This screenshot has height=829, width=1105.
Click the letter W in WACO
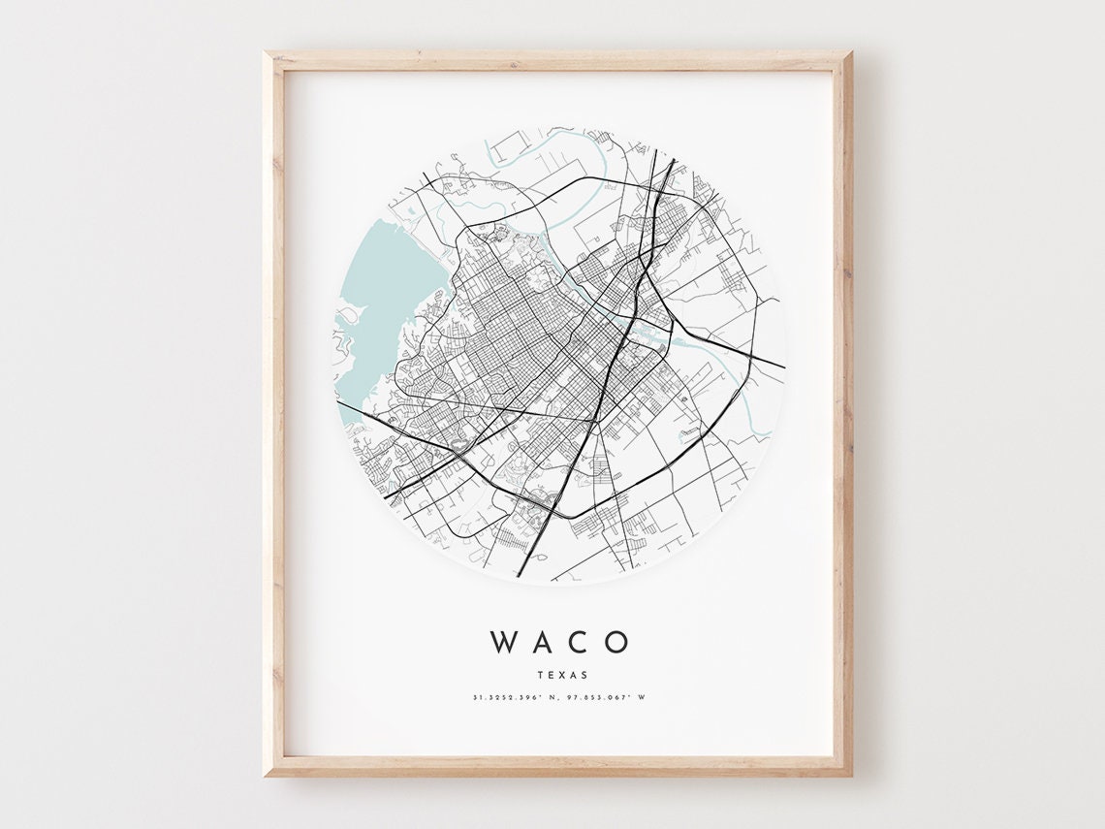[x=504, y=642]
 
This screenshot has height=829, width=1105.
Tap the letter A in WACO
[x=543, y=642]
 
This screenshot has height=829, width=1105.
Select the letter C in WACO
[x=578, y=642]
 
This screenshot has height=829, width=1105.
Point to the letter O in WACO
[x=616, y=642]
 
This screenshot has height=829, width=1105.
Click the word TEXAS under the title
[x=559, y=674]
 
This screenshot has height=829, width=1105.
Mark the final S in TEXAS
[x=584, y=674]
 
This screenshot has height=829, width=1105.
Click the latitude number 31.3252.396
[x=506, y=697]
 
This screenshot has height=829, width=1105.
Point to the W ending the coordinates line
[x=642, y=697]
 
